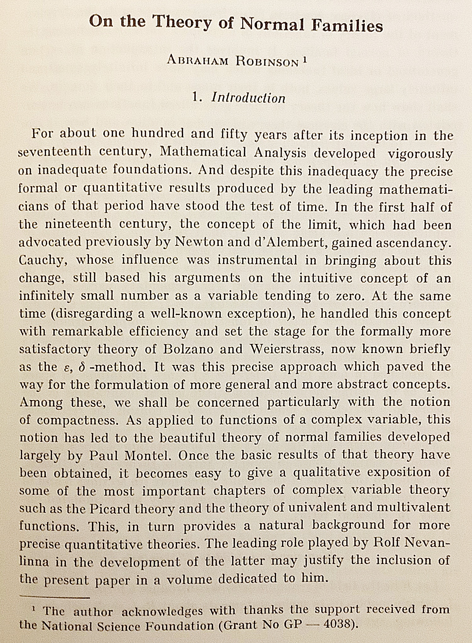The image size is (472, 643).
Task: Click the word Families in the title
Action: [x=347, y=25]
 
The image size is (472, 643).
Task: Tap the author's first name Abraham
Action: [x=198, y=60]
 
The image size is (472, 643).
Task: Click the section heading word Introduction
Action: [x=248, y=98]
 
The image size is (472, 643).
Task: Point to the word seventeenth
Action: [x=54, y=152]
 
